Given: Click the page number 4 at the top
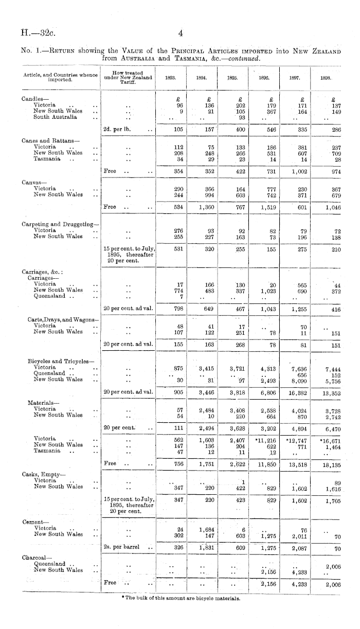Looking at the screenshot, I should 181,34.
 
